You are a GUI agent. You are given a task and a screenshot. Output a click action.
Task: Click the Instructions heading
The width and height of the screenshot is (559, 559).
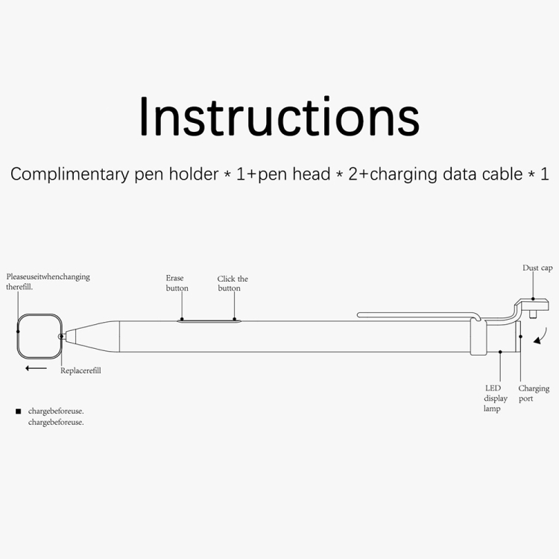tap(279, 116)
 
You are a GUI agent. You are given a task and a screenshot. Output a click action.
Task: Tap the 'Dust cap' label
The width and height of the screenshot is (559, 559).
tap(537, 268)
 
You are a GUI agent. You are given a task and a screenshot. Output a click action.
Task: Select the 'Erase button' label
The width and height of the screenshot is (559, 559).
tap(177, 283)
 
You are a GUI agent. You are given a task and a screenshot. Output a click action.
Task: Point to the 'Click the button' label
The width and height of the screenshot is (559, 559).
tap(233, 283)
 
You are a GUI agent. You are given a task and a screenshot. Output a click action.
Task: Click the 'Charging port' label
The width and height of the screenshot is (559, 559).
tap(534, 394)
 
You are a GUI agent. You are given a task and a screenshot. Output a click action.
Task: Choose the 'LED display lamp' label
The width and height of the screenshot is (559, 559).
tap(495, 398)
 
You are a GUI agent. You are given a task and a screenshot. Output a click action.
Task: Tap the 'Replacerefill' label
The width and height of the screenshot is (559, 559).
tap(80, 370)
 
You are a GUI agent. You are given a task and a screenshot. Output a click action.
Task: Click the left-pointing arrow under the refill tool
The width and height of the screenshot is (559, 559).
tap(36, 368)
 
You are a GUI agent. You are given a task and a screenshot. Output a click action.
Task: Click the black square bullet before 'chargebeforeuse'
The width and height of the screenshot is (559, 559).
tap(19, 411)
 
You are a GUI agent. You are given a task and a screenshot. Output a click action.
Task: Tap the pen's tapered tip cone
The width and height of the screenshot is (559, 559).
tap(92, 336)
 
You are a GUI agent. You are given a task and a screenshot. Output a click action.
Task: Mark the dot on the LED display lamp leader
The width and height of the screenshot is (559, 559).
tap(500, 352)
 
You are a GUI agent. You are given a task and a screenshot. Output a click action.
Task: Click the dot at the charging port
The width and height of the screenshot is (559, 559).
tap(520, 337)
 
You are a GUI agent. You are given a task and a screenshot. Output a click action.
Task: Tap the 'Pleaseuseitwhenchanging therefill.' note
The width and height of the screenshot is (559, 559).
tap(48, 282)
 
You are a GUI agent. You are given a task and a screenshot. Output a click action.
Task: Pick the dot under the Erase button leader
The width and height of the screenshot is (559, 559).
tap(182, 320)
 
